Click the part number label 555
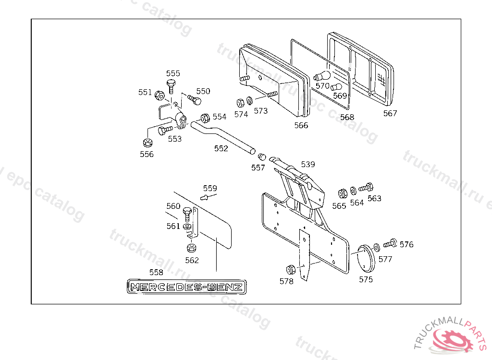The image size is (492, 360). coord(173,73)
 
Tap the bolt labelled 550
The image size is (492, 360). coord(194,100)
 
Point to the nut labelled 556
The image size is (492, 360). coord(148,143)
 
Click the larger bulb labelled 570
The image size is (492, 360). coord(322,77)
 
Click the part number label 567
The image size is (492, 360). coord(390,113)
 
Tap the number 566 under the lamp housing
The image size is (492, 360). coord(301,125)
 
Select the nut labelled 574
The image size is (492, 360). coord(240,102)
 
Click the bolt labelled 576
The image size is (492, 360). coord(390,244)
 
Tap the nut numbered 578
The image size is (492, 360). coord(290,269)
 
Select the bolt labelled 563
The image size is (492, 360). coord(368,187)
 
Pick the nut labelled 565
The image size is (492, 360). coord(342,193)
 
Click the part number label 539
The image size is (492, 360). coord(308,164)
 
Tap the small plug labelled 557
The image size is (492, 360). coord(262,156)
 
